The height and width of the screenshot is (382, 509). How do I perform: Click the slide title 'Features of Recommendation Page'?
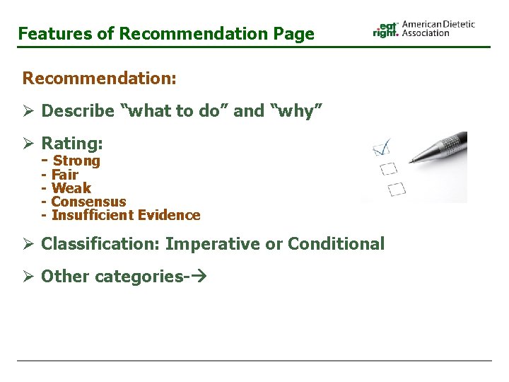click(x=166, y=33)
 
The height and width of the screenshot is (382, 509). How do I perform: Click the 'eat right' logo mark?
click(x=386, y=28)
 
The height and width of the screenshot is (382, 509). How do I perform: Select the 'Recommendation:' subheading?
click(x=100, y=78)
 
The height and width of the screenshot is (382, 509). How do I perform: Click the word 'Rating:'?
click(x=72, y=144)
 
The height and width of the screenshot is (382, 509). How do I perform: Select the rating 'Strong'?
click(x=76, y=161)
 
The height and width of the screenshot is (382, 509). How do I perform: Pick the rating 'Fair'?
click(x=65, y=175)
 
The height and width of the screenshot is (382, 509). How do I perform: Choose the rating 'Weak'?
click(x=71, y=188)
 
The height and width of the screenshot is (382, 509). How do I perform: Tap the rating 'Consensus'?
click(x=88, y=202)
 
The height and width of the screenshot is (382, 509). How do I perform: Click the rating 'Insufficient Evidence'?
click(x=126, y=215)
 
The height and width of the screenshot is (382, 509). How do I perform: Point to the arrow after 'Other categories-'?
click(x=199, y=277)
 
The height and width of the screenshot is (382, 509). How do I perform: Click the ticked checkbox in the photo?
click(x=382, y=148)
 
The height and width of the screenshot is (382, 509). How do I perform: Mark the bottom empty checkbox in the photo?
click(x=397, y=189)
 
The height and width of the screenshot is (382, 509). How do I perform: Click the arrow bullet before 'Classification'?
click(x=28, y=244)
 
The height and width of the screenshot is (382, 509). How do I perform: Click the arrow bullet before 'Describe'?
click(x=28, y=111)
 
